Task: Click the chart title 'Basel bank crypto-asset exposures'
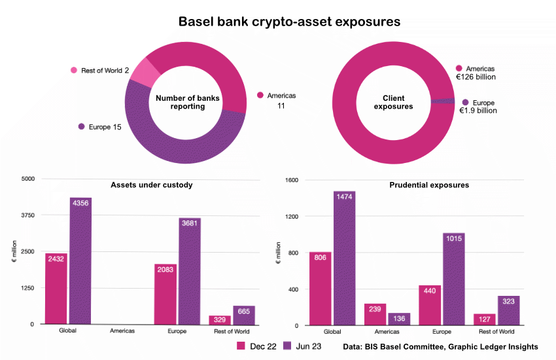(289, 22)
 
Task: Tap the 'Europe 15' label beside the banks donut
(99, 126)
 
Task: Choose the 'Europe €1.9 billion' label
(478, 107)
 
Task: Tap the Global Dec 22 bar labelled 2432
(56, 288)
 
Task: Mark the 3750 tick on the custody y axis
(28, 215)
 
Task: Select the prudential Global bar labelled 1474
(345, 259)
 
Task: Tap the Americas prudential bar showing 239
(375, 314)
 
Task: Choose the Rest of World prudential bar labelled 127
(485, 319)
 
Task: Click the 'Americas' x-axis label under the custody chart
(122, 331)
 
